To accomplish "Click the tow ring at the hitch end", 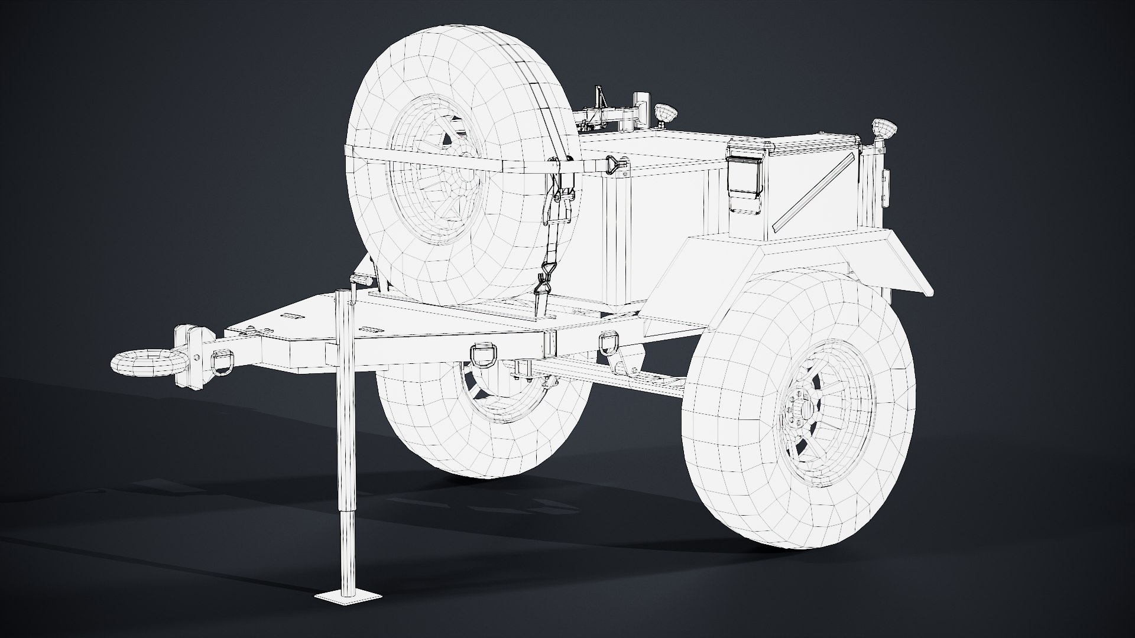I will [x=141, y=362].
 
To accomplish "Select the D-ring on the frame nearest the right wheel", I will [x=609, y=342].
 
